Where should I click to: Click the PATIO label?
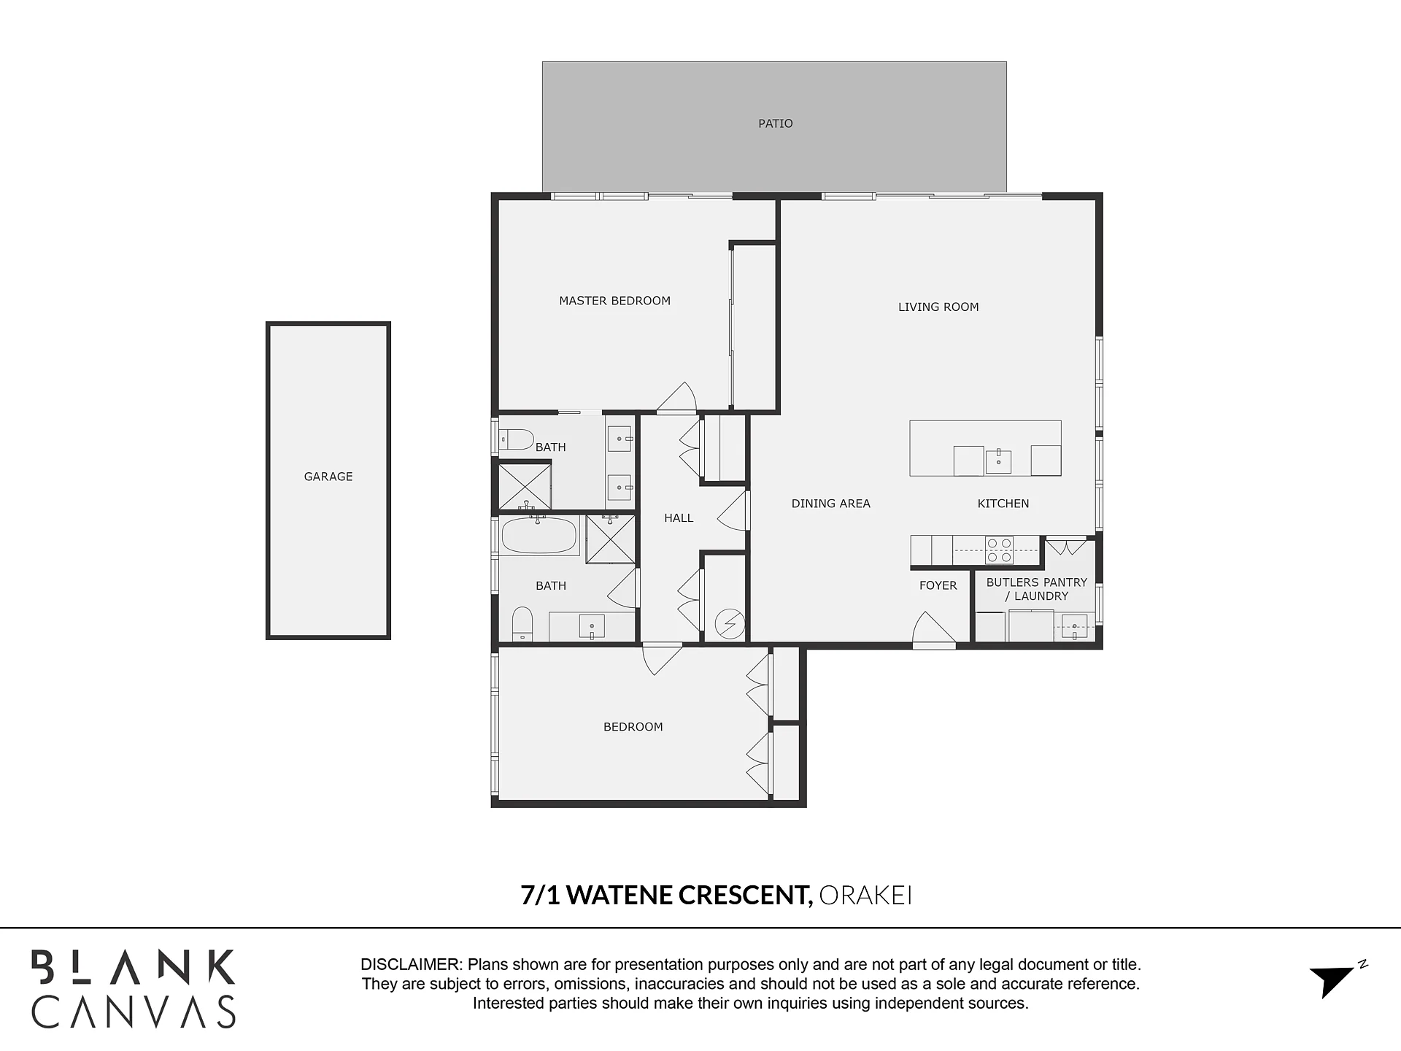[x=775, y=123]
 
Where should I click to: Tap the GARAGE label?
[x=328, y=477]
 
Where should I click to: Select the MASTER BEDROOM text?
[x=614, y=301]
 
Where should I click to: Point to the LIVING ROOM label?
[x=938, y=307]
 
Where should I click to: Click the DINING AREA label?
[x=830, y=504]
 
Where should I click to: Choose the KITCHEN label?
[x=1003, y=504]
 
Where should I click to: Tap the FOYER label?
[x=938, y=585]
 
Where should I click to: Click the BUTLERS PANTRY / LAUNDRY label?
[x=1037, y=589]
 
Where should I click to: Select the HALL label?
[x=679, y=518]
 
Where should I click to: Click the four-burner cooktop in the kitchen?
[x=999, y=550]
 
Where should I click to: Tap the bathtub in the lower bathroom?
[x=539, y=535]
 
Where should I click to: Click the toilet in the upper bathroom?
[x=517, y=439]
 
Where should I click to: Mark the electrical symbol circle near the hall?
[x=730, y=624]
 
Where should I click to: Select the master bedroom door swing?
[x=676, y=398]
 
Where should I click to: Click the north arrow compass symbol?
[x=1337, y=979]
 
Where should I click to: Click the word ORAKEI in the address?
[x=865, y=895]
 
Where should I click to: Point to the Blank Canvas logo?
[x=134, y=989]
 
